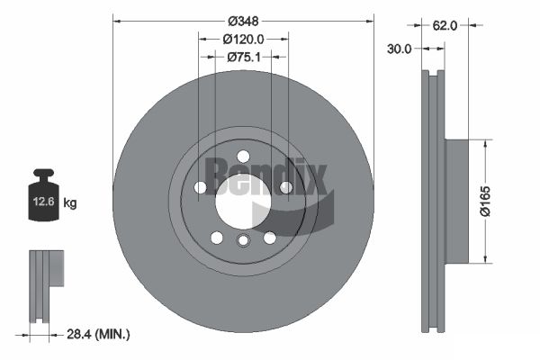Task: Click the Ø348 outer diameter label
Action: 242,20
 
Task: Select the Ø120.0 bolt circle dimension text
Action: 242,39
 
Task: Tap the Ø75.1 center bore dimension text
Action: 242,57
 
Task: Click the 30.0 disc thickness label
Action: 400,49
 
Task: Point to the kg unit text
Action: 70,203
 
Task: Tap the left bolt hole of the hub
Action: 200,187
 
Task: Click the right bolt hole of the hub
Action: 285,187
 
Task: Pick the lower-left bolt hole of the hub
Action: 216,238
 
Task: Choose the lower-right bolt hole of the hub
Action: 269,238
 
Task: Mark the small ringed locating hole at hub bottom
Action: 242,240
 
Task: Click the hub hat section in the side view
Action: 457,202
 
